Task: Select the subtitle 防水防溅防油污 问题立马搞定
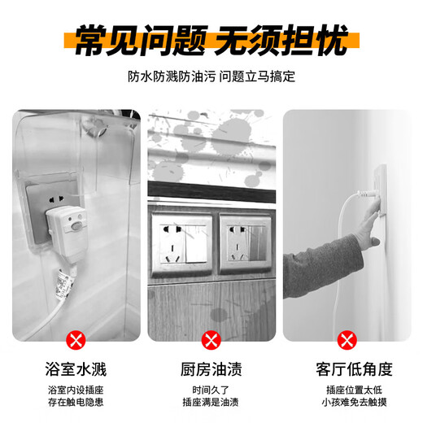pyautogui.click(x=211, y=78)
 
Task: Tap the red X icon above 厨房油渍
pyautogui.click(x=211, y=338)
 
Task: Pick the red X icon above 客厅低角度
pyautogui.click(x=347, y=338)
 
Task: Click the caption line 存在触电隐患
pyautogui.click(x=76, y=401)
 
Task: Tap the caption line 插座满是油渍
pyautogui.click(x=211, y=401)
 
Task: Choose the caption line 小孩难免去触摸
pyautogui.click(x=347, y=401)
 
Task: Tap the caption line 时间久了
pyautogui.click(x=211, y=388)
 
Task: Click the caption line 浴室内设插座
pyautogui.click(x=76, y=388)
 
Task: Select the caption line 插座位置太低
pyautogui.click(x=347, y=388)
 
